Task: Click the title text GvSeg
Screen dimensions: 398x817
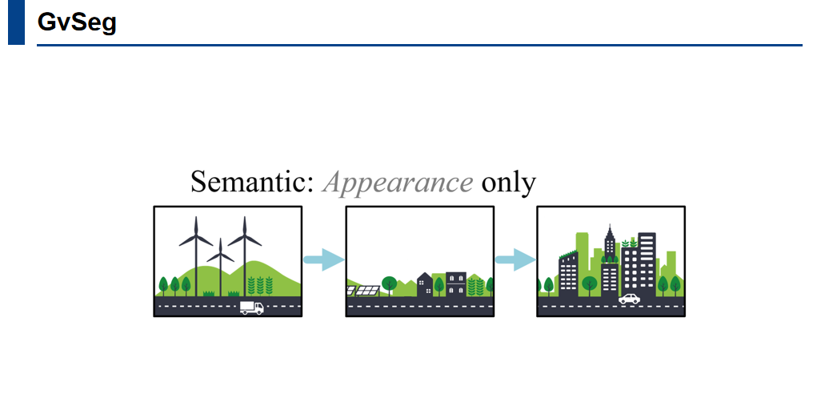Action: (77, 22)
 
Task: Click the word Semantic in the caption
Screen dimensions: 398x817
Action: (250, 183)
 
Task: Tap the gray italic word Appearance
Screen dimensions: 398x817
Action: (398, 183)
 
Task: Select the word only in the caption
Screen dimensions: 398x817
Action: (508, 183)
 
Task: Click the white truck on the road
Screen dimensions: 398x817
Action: (251, 308)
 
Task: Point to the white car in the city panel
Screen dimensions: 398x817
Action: (629, 300)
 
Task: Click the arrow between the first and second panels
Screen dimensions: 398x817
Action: (323, 259)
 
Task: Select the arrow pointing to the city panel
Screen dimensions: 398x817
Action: (515, 259)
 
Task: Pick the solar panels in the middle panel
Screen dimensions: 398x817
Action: (362, 290)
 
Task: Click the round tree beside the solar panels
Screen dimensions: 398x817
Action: (390, 283)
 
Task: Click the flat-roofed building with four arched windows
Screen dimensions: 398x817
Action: (455, 283)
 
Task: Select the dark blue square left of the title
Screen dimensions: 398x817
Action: (16, 22)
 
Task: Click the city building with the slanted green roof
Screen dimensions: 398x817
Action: (568, 272)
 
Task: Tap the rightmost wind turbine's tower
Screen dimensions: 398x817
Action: (245, 264)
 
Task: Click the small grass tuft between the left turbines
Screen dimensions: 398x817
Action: (209, 293)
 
